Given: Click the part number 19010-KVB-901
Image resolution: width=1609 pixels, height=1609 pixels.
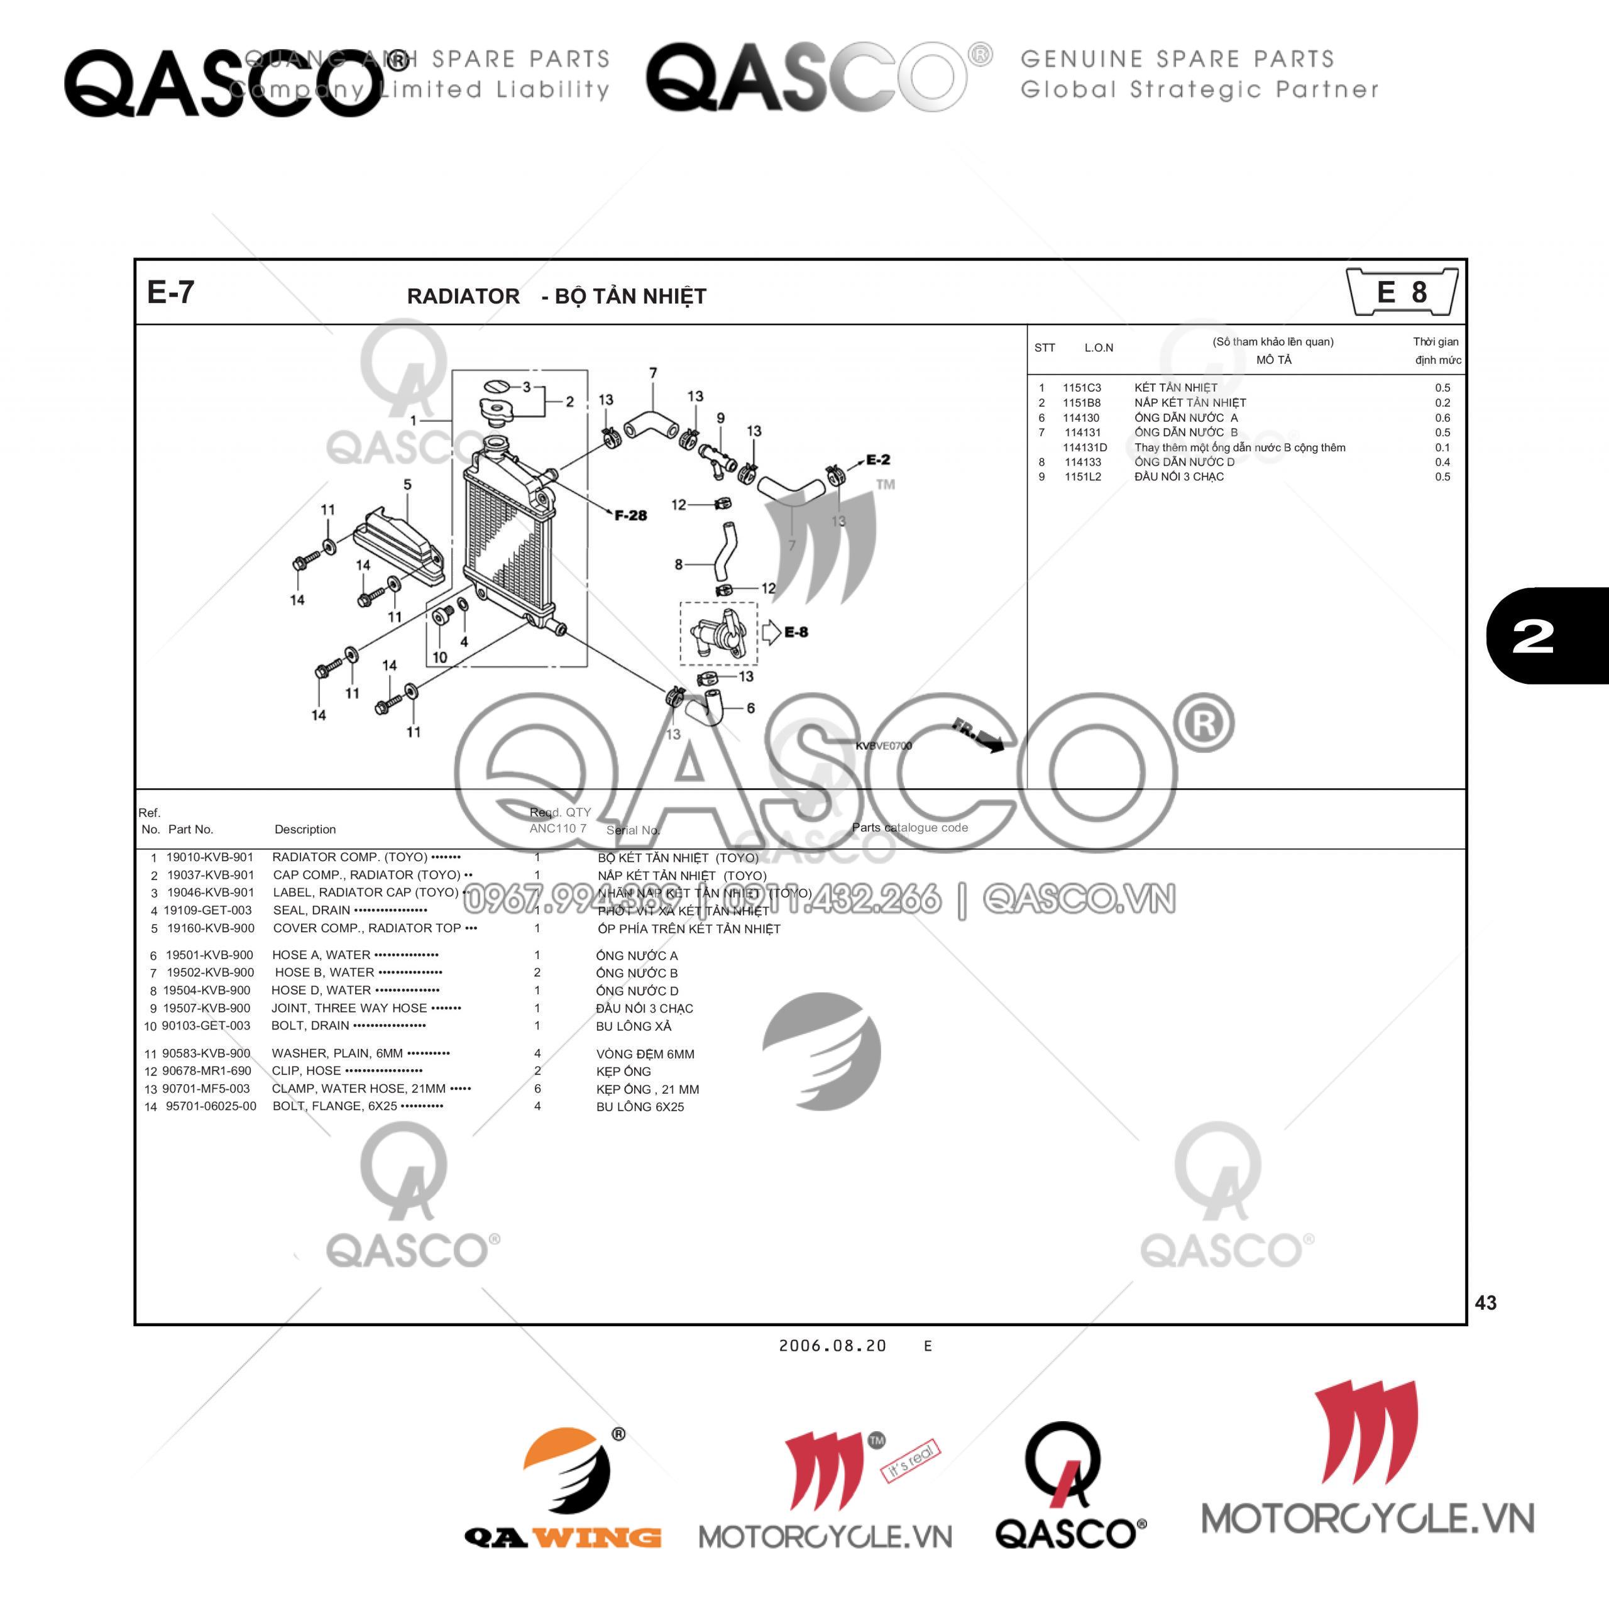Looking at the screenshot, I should (209, 857).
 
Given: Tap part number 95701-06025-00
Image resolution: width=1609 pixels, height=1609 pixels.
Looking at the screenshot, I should (211, 1106).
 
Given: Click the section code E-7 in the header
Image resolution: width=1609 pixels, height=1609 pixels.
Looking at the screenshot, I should (171, 292).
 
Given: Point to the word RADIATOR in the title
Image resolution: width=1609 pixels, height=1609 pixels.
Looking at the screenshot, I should (463, 297).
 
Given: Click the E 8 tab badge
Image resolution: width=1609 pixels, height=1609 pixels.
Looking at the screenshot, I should (1402, 292).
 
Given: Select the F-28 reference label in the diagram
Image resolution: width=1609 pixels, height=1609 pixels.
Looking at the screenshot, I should (630, 515).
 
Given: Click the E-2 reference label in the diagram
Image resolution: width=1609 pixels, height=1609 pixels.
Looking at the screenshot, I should (878, 459).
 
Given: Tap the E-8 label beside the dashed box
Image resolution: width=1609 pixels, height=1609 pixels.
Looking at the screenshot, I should (796, 632).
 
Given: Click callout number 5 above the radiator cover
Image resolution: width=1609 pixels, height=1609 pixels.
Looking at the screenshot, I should (407, 485).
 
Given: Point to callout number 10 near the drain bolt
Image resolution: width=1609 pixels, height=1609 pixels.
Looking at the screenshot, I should (440, 657).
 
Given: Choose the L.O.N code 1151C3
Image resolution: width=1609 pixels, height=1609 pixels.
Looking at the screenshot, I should (1081, 388).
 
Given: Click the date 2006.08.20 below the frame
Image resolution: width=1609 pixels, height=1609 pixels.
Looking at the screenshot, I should (832, 1346).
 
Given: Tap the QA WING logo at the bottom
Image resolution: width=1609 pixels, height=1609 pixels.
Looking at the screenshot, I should (563, 1490).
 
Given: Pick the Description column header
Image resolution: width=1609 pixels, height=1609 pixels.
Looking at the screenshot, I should (305, 830).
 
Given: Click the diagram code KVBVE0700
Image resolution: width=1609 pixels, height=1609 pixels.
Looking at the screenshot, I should (884, 745).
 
